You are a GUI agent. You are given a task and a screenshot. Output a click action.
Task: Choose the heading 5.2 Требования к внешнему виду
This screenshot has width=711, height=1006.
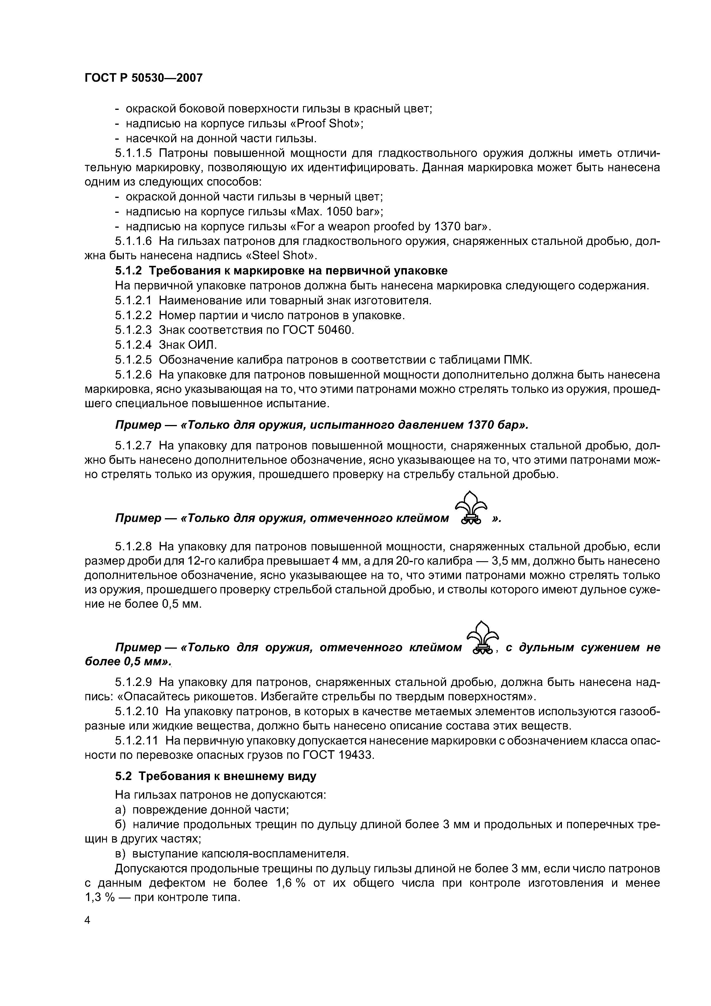(x=216, y=776)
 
